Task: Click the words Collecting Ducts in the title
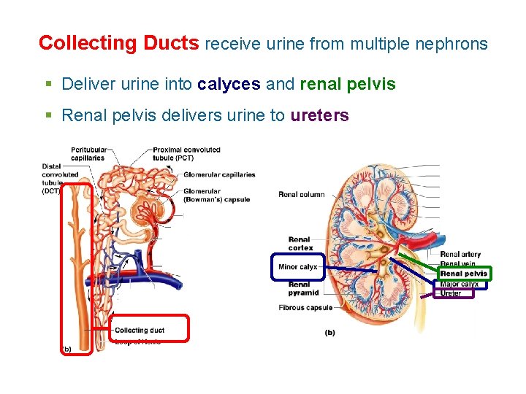[118, 44]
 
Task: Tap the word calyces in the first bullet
[229, 85]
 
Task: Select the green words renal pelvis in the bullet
[348, 85]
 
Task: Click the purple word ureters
[319, 115]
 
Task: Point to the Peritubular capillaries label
[88, 154]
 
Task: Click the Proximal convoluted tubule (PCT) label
[186, 154]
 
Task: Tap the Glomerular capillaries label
[219, 175]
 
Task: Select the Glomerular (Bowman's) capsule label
[216, 196]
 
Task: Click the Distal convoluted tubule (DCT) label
[60, 179]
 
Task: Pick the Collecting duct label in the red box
[140, 331]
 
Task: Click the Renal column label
[301, 194]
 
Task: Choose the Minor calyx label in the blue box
[297, 267]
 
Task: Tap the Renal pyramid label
[303, 288]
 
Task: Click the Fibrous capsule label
[305, 308]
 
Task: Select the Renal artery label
[460, 255]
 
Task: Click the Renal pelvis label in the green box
[463, 274]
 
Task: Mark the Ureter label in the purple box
[451, 293]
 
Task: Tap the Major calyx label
[460, 284]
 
